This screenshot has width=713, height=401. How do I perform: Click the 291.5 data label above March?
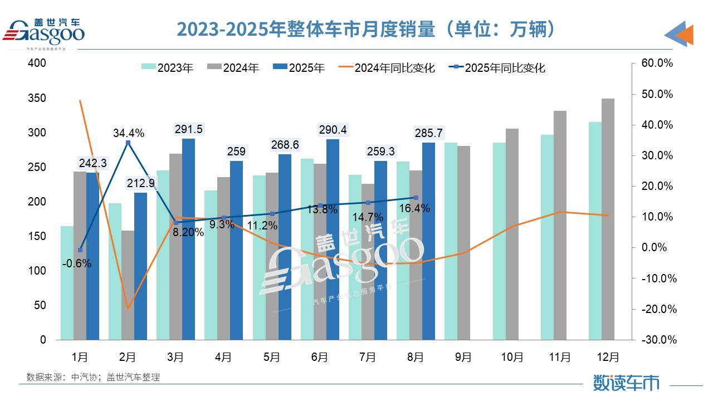[x=188, y=129]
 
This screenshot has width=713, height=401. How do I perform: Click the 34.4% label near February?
[x=129, y=133]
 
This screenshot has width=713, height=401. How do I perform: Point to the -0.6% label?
[x=77, y=264]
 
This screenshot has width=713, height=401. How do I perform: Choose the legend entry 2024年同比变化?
[x=394, y=68]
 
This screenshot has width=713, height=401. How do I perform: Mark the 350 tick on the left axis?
[x=37, y=99]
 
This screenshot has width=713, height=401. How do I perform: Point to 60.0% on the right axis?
[x=657, y=63]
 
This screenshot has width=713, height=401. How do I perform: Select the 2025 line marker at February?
[x=128, y=143]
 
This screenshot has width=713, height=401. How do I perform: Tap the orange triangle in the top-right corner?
[x=685, y=35]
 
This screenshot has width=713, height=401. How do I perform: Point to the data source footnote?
[x=93, y=377]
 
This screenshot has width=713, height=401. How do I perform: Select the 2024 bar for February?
[x=128, y=285]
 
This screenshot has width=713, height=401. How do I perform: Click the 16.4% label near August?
[x=414, y=208]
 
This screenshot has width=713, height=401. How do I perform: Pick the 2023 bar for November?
[x=547, y=237]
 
